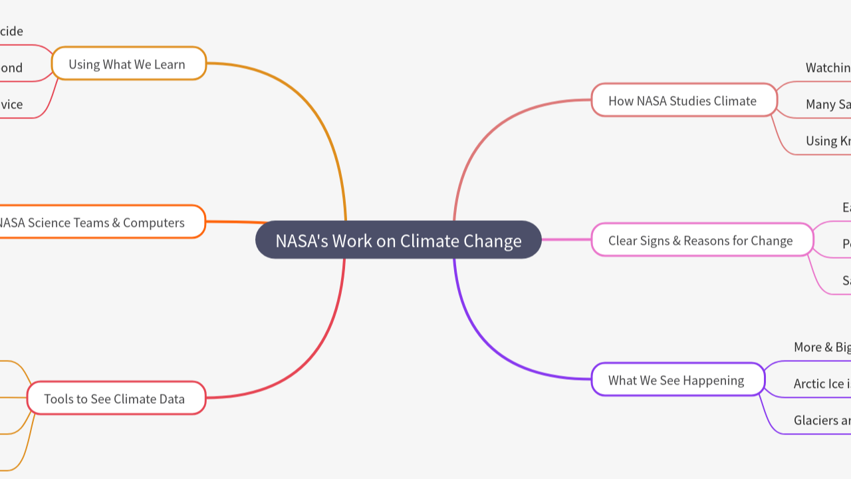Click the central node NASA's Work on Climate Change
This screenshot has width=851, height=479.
398,240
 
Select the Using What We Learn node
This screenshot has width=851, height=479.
128,64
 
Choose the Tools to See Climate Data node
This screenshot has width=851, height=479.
115,399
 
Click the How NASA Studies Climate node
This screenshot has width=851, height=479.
683,100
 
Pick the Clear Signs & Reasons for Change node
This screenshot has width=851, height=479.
701,240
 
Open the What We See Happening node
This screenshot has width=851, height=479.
677,380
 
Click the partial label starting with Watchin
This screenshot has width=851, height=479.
828,67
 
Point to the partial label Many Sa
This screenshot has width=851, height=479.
828,104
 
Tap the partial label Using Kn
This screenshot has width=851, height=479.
828,140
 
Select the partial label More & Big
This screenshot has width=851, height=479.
822,347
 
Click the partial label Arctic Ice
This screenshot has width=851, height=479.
822,383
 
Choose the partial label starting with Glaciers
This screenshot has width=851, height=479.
822,420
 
